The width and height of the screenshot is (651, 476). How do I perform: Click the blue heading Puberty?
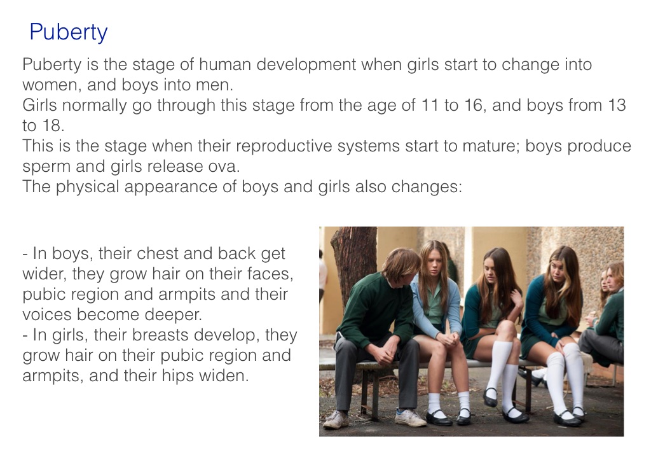pos(69,32)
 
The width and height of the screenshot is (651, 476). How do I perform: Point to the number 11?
pos(430,105)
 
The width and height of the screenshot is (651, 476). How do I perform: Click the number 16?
pos(474,105)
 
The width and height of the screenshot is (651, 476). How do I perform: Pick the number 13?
pos(617,105)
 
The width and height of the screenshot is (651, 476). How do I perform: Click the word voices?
pos(47,315)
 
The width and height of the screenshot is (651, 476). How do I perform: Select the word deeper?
pos(173,316)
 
